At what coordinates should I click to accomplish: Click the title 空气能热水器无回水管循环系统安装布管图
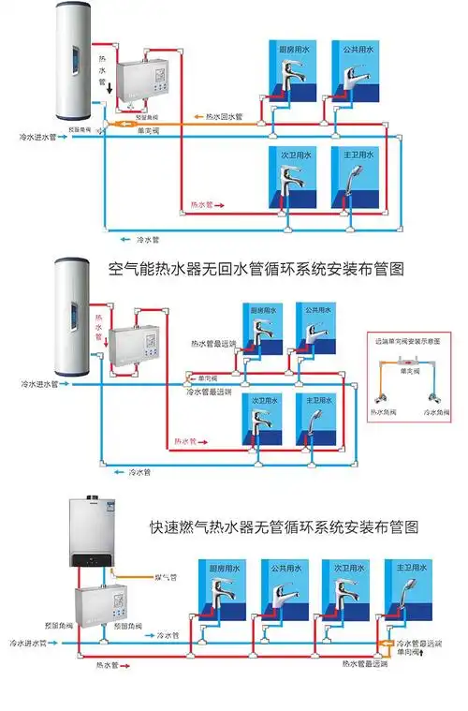256,268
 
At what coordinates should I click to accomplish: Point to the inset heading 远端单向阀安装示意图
407,342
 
